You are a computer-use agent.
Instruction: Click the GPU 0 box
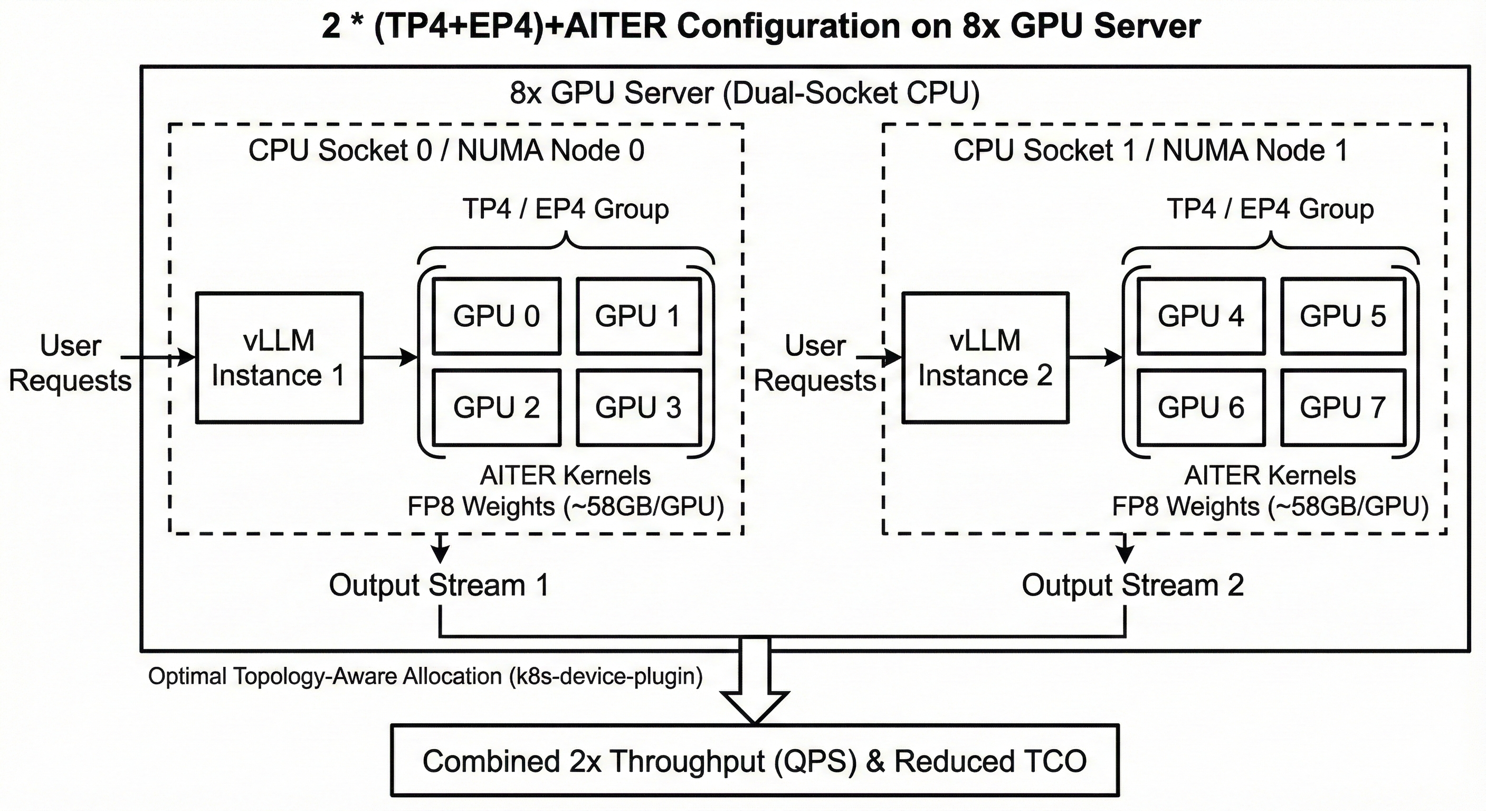pyautogui.click(x=496, y=316)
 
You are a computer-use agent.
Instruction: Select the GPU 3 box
pyautogui.click(x=639, y=408)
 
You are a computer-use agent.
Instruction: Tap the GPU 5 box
pyautogui.click(x=1343, y=316)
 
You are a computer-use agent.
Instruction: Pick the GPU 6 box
pyautogui.click(x=1201, y=408)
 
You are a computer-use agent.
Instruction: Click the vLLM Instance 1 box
pyautogui.click(x=279, y=358)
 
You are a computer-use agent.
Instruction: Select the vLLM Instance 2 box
pyautogui.click(x=985, y=358)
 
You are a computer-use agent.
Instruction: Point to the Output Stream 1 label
pyautogui.click(x=439, y=584)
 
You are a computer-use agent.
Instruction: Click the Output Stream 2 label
pyautogui.click(x=1132, y=584)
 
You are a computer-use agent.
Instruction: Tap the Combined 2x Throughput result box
pyautogui.click(x=755, y=761)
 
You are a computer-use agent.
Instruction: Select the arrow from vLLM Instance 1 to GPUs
pyautogui.click(x=390, y=358)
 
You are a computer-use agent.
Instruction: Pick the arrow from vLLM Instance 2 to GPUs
pyautogui.click(x=1095, y=358)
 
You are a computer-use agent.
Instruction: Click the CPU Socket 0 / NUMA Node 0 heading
pyautogui.click(x=446, y=150)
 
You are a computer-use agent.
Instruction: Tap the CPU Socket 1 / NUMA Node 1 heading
pyautogui.click(x=1150, y=150)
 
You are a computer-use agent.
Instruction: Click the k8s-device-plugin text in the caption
pyautogui.click(x=606, y=676)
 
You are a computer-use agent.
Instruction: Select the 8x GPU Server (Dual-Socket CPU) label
pyautogui.click(x=744, y=93)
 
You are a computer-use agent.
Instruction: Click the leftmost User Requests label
pyautogui.click(x=70, y=363)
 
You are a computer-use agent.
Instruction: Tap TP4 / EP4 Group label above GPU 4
pyautogui.click(x=1270, y=209)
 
